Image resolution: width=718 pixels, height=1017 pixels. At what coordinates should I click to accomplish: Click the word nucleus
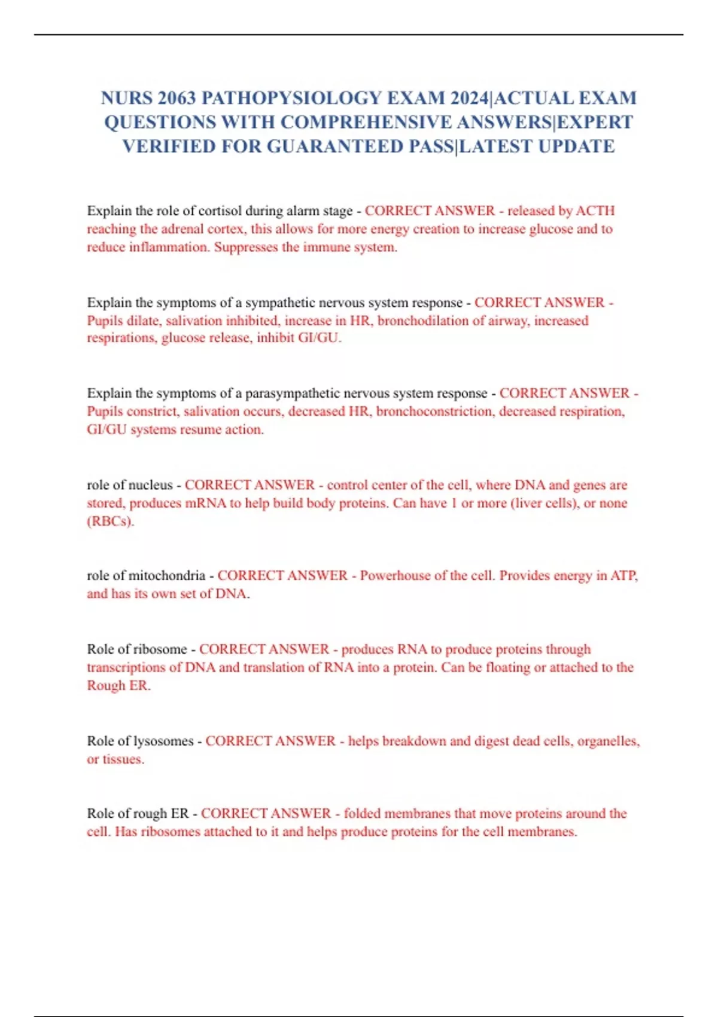pyautogui.click(x=151, y=485)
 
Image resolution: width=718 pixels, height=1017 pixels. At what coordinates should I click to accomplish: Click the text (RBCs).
pyautogui.click(x=111, y=521)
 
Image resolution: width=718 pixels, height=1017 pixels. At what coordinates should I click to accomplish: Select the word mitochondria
pyautogui.click(x=167, y=576)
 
